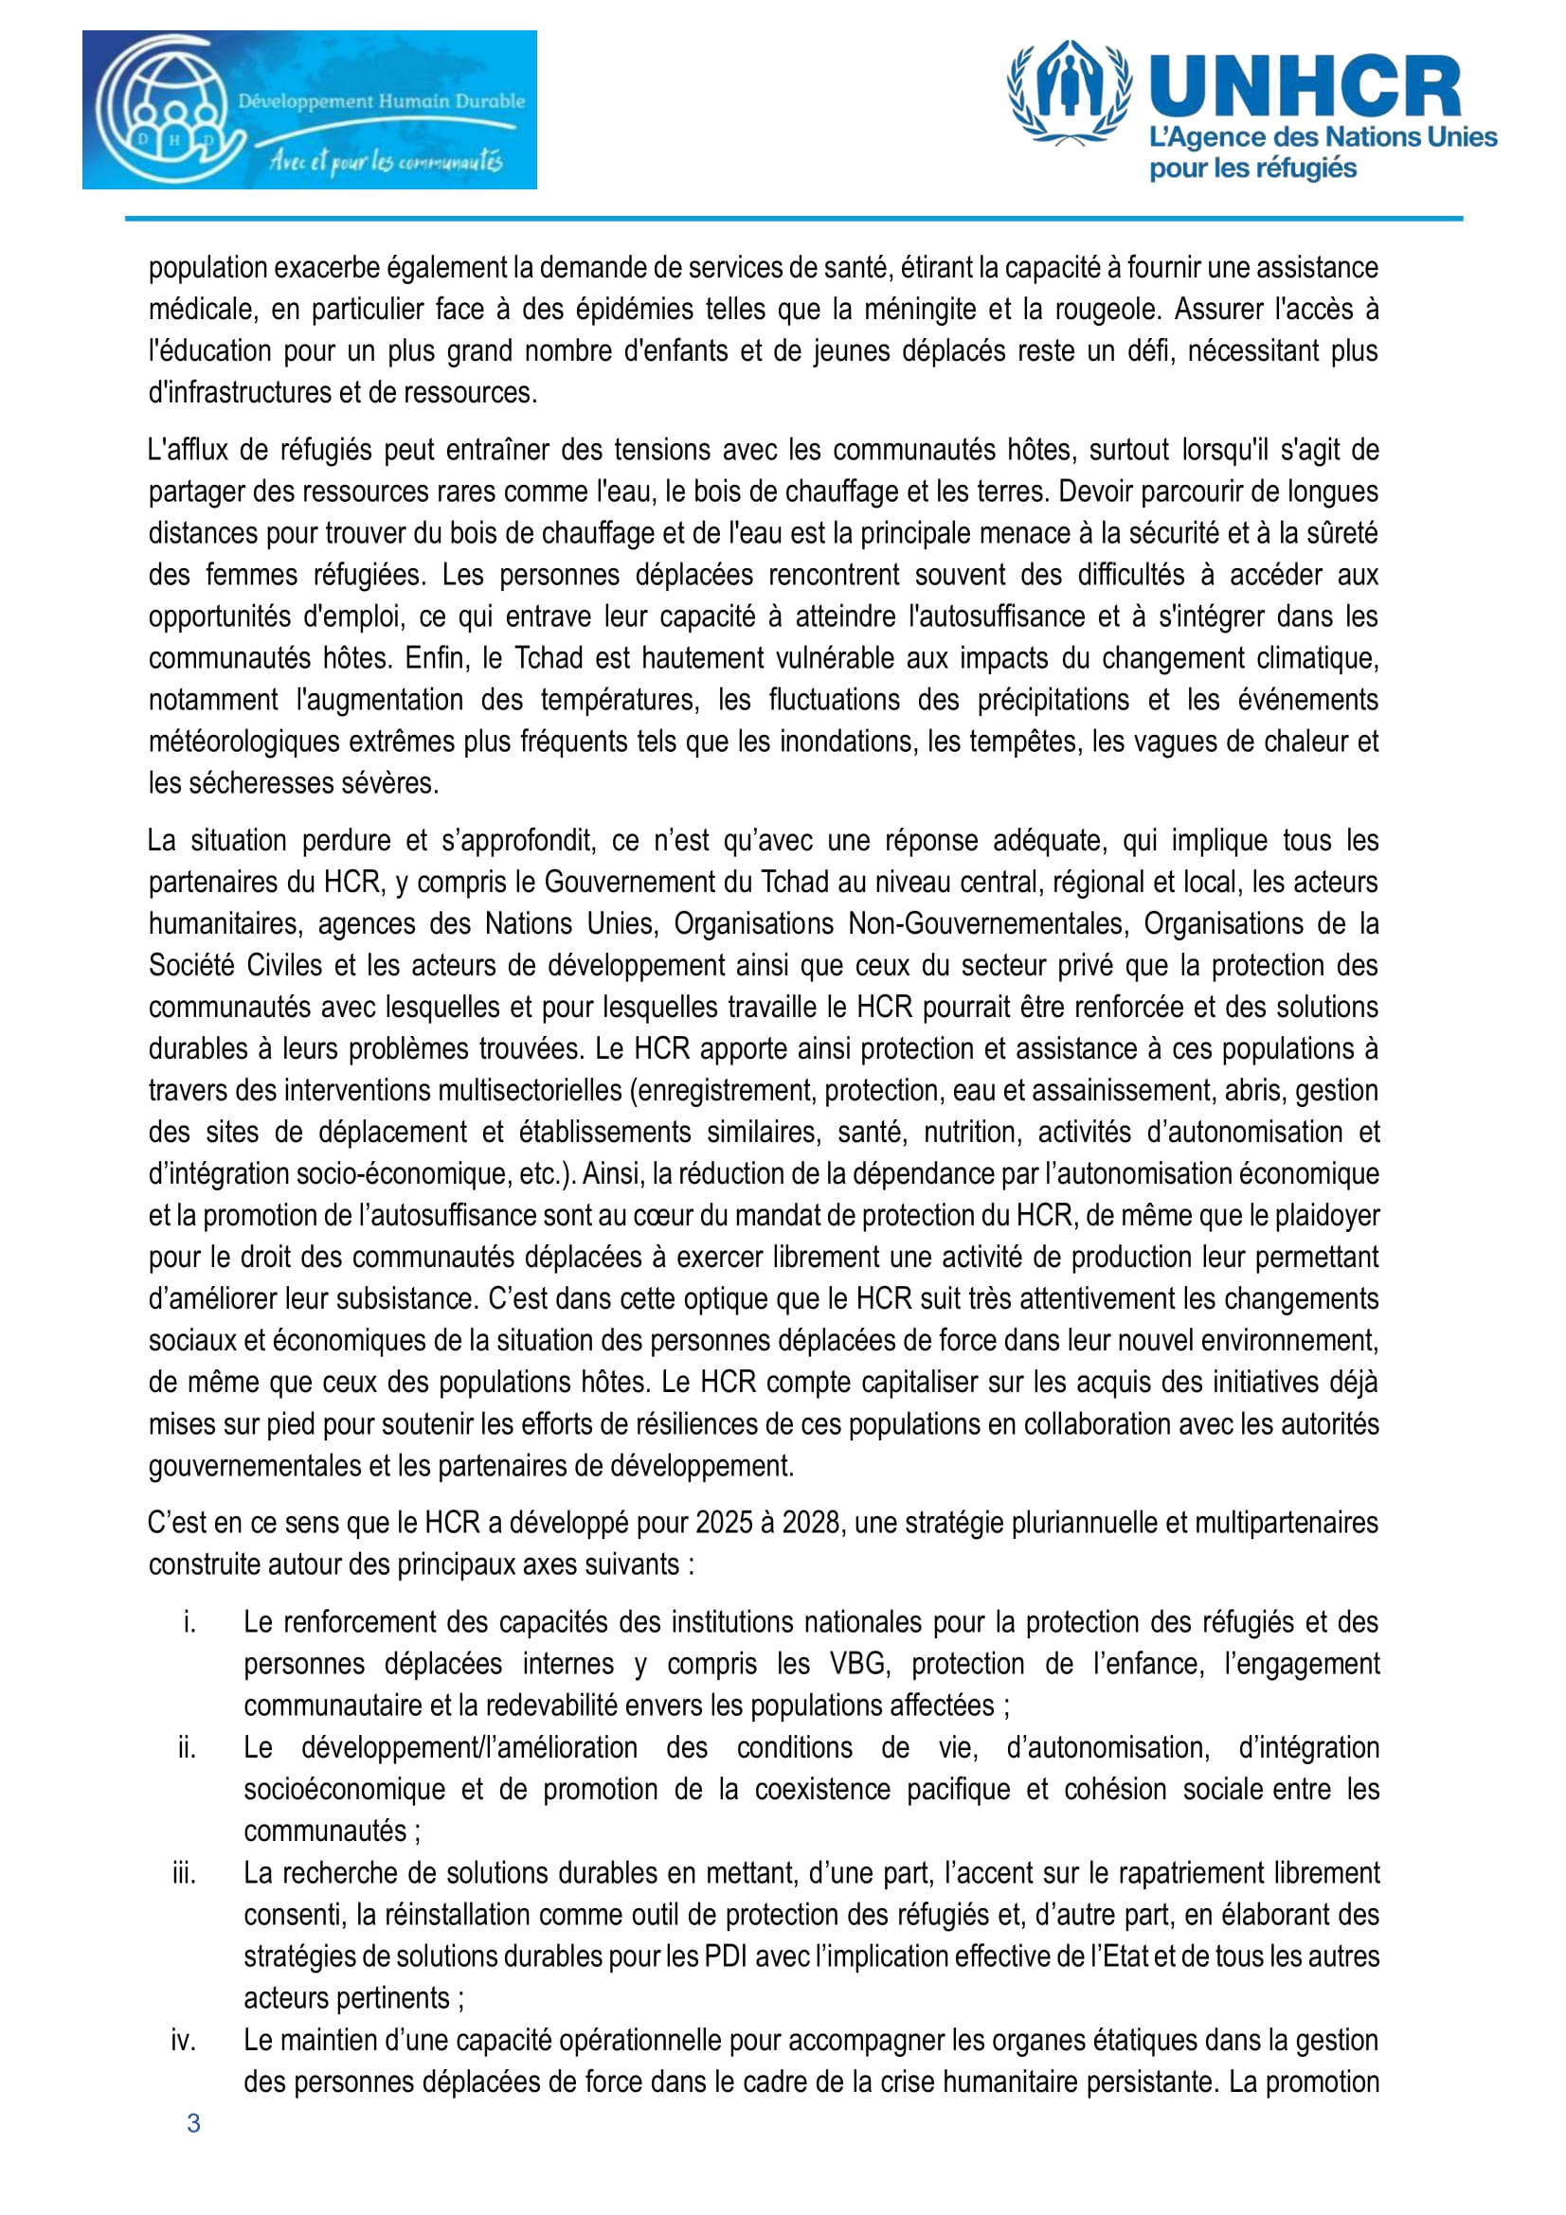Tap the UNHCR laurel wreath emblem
pos(1068,92)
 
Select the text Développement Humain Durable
pos(381,100)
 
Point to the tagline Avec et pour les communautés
pos(386,160)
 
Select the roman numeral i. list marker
pos(189,1621)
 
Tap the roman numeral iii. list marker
pos(184,1872)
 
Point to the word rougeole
pos(1108,309)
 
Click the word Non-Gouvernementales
pos(987,923)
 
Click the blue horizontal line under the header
pos(793,219)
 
